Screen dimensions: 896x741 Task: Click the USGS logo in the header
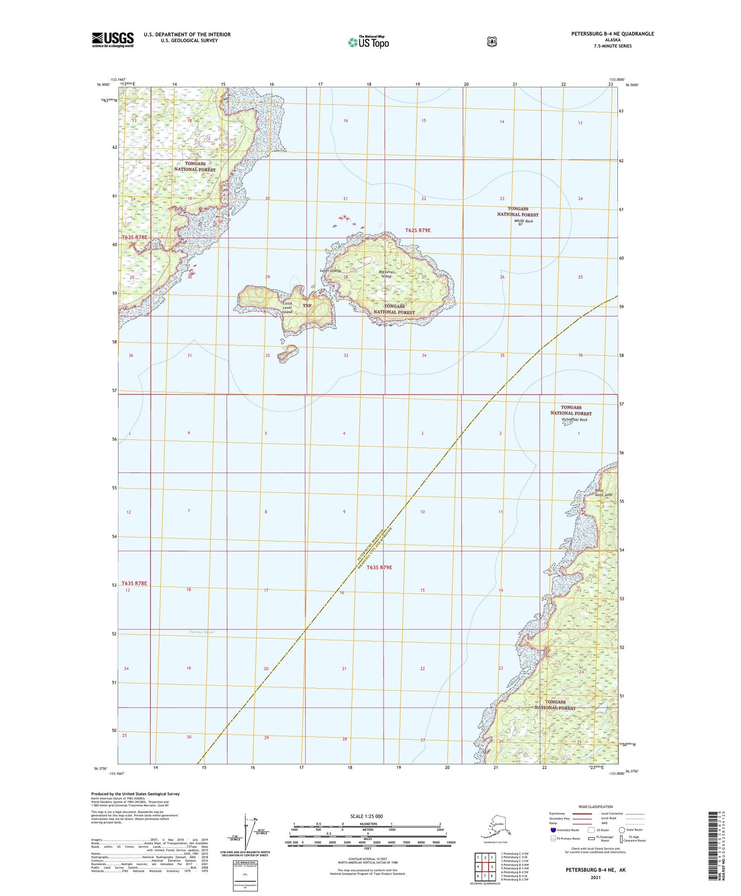[113, 39]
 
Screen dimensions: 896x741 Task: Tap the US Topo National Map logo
[368, 42]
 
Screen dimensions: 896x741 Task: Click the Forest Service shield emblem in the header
[492, 42]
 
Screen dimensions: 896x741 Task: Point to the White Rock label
[523, 221]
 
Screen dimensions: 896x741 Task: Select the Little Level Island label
[287, 307]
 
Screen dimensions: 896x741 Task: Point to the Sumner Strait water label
[202, 632]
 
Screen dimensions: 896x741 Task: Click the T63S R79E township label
[379, 568]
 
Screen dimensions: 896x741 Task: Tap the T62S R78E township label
[135, 237]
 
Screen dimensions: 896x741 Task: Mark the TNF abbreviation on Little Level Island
[307, 306]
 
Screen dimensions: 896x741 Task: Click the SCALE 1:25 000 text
[367, 816]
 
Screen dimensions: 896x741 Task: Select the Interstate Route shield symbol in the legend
[552, 830]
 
